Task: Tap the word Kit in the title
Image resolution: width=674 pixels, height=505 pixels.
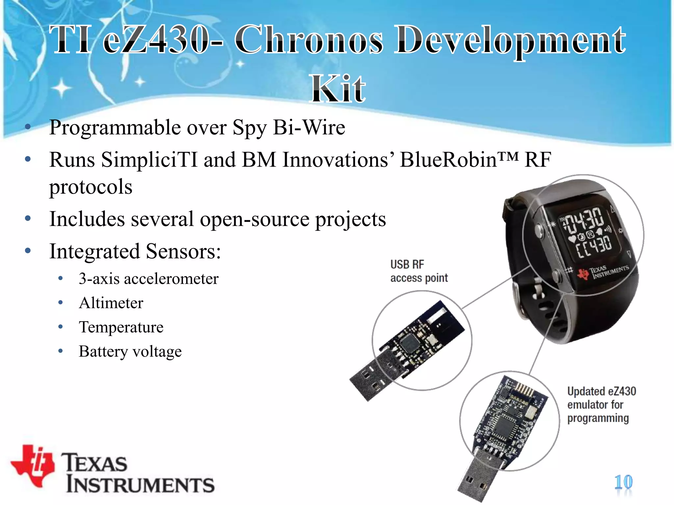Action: point(338,89)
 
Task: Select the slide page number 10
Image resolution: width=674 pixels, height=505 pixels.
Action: point(623,482)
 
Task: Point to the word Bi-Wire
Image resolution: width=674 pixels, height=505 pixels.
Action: point(309,128)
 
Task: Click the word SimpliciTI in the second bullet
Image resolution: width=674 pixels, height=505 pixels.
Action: point(149,160)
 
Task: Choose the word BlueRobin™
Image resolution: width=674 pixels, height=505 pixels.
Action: point(459,160)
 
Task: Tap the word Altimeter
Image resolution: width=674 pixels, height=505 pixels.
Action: point(111,303)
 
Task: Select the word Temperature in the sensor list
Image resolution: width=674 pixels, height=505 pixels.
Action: point(121,327)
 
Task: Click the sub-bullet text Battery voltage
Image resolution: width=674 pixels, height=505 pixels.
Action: point(130,351)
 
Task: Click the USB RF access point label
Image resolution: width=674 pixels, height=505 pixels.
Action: point(419,271)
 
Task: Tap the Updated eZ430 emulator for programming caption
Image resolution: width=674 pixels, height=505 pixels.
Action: point(601,405)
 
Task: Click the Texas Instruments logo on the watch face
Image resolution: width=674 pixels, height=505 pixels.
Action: point(602,272)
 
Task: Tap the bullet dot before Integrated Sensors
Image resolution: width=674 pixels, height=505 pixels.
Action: point(28,251)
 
